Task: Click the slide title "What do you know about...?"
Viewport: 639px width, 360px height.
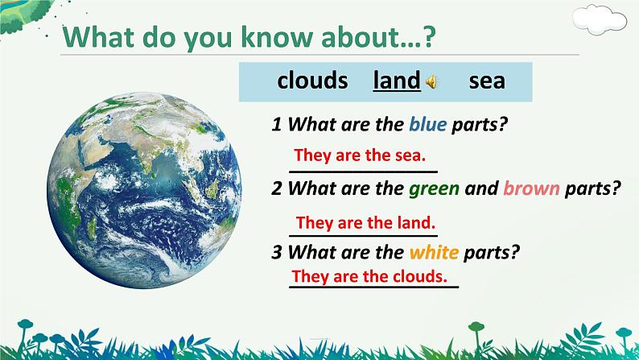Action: (x=249, y=38)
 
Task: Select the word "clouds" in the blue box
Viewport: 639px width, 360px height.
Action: (x=312, y=81)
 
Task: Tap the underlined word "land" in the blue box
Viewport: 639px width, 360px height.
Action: (x=397, y=81)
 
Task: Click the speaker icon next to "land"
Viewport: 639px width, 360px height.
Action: (x=431, y=82)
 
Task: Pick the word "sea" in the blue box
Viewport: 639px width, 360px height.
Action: (x=487, y=81)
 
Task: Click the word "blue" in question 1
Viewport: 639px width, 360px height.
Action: (x=428, y=124)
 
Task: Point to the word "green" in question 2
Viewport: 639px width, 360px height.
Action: (x=434, y=188)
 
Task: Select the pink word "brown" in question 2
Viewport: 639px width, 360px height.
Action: (x=531, y=188)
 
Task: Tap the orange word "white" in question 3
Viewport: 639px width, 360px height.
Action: (x=434, y=253)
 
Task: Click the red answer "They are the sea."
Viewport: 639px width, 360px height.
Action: (x=360, y=155)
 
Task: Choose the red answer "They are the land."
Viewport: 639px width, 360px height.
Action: (x=365, y=223)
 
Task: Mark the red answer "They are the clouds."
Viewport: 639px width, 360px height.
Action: (x=369, y=276)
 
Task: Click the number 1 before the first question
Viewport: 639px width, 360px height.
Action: (x=277, y=124)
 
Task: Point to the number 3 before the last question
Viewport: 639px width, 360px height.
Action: (x=277, y=253)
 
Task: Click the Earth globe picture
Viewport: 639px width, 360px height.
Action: (x=144, y=190)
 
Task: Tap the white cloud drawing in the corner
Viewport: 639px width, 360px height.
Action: (x=599, y=19)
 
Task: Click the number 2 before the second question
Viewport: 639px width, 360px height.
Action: (x=277, y=188)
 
